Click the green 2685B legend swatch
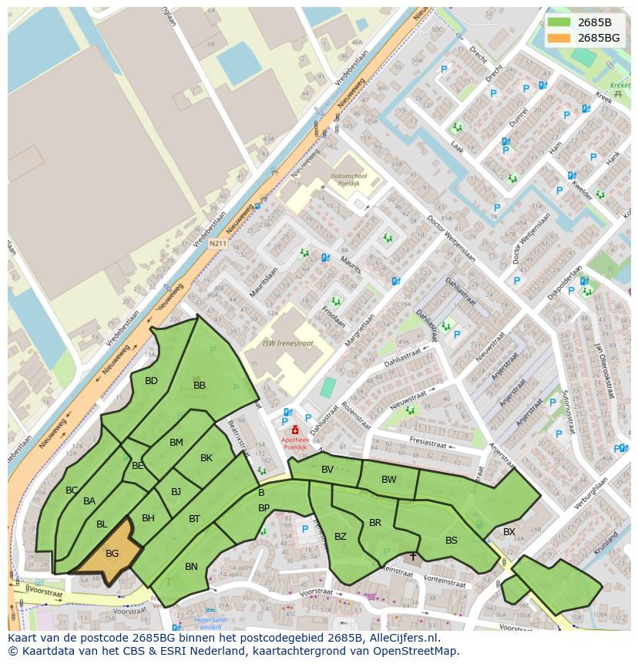pyautogui.click(x=560, y=22)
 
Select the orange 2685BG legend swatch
pyautogui.click(x=560, y=38)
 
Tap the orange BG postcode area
pyautogui.click(x=112, y=553)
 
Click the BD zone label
pyautogui.click(x=151, y=380)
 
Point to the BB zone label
pyautogui.click(x=200, y=385)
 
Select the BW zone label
pyautogui.click(x=389, y=479)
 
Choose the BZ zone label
pyautogui.click(x=341, y=537)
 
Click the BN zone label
pyautogui.click(x=191, y=567)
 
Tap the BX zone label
pyautogui.click(x=509, y=532)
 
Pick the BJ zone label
pyautogui.click(x=176, y=491)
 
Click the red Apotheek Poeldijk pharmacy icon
pyautogui.click(x=294, y=430)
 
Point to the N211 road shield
pyautogui.click(x=218, y=244)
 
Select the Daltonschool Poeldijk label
pyautogui.click(x=349, y=180)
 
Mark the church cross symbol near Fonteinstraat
pyautogui.click(x=413, y=555)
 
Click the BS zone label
pyautogui.click(x=452, y=540)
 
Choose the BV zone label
pyautogui.click(x=327, y=469)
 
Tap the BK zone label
pyautogui.click(x=207, y=457)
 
